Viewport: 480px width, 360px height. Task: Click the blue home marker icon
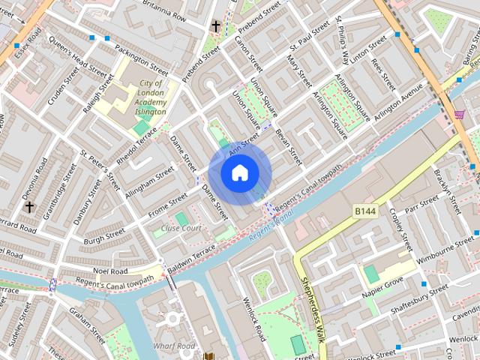coord(240,172)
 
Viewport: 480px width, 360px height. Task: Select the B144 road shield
coord(364,213)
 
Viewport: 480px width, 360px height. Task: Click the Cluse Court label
coord(181,228)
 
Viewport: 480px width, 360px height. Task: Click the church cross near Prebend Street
coord(216,27)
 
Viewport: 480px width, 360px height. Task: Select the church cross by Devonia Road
coord(29,206)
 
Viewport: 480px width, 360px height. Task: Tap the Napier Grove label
coord(382,286)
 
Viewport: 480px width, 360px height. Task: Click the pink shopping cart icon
coord(459,115)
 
